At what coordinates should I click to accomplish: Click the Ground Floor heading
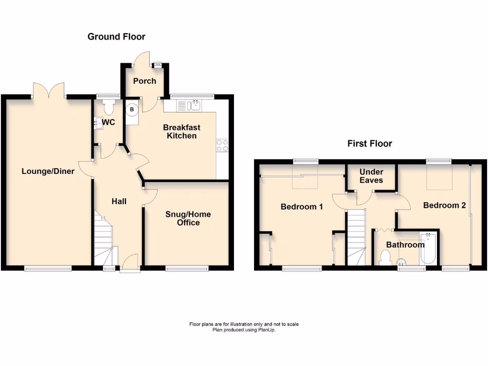(x=116, y=37)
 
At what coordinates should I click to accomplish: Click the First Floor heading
(x=369, y=143)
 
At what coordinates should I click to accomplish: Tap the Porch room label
(x=144, y=81)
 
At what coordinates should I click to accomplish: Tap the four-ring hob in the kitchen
(x=222, y=145)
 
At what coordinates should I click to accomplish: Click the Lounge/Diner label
(x=48, y=171)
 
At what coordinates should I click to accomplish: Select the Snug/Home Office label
(x=188, y=219)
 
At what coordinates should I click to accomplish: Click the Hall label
(x=119, y=202)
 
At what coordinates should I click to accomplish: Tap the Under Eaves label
(x=371, y=176)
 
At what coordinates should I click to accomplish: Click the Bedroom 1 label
(x=302, y=207)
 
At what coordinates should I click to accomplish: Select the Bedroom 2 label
(x=444, y=205)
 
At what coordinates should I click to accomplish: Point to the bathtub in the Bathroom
(x=427, y=248)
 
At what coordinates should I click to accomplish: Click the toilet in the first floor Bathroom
(x=386, y=257)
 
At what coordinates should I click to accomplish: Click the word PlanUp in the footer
(x=267, y=330)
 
